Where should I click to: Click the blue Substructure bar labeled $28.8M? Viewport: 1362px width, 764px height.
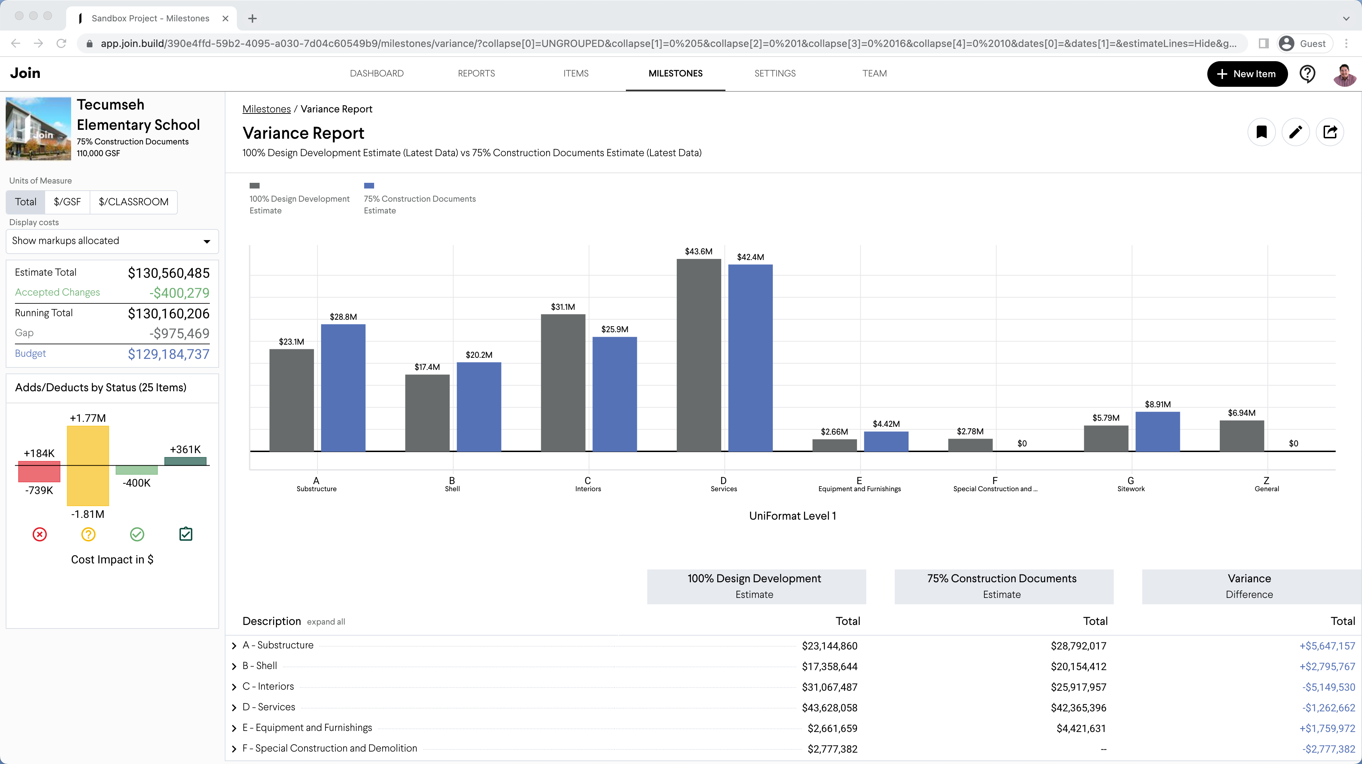343,388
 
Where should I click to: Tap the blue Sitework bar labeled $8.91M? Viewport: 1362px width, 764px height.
1158,431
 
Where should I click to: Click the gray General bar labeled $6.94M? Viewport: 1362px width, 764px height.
1241,436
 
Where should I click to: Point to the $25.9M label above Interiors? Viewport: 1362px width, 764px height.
615,329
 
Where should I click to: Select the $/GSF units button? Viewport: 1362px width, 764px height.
67,202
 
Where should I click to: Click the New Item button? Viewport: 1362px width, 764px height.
1247,74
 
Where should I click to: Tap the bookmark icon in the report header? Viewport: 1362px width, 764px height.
1261,132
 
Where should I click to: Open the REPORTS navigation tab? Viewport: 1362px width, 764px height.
476,74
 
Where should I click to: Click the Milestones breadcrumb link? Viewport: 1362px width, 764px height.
266,109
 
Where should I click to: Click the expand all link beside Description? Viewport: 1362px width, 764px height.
326,622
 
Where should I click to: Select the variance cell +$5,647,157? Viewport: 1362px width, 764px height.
1326,646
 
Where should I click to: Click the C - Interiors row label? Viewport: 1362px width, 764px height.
268,686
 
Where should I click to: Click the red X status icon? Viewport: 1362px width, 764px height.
40,535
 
